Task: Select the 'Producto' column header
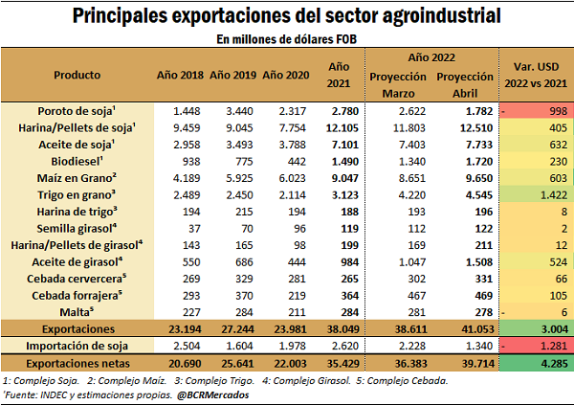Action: (x=77, y=74)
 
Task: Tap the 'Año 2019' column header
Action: (x=233, y=74)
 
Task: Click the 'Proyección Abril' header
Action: (x=468, y=82)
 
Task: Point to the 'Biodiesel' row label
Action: (x=77, y=162)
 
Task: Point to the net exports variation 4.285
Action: (x=533, y=363)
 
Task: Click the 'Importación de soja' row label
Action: (x=77, y=345)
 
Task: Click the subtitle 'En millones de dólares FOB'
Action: (x=287, y=38)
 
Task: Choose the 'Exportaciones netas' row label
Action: (x=77, y=363)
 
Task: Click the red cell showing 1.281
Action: (x=533, y=345)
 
